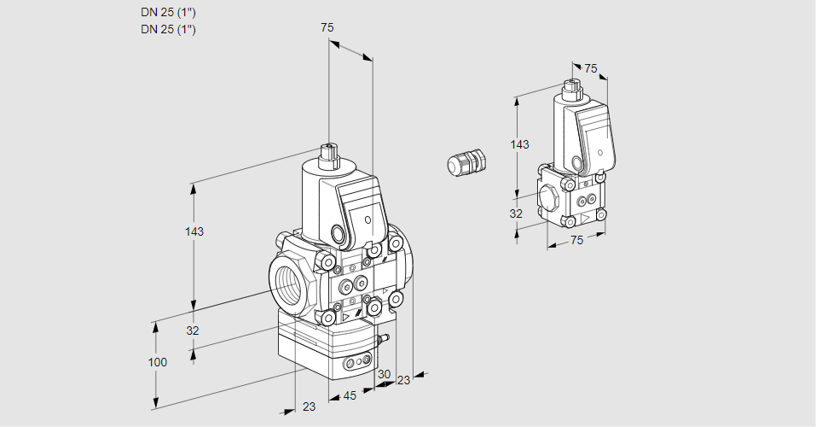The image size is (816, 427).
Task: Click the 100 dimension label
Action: tap(157, 362)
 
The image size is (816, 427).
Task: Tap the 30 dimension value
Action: tap(384, 373)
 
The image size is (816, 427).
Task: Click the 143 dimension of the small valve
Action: tap(519, 144)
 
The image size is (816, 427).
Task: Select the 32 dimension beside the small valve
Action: tap(516, 213)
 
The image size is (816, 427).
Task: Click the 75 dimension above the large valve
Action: tap(327, 27)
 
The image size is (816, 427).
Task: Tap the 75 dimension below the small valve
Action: tap(576, 241)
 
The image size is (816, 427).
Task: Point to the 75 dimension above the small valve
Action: tap(591, 68)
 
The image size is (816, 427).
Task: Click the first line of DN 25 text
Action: tap(168, 13)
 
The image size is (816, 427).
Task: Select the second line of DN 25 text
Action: tap(168, 30)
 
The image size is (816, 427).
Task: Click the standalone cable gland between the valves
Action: tap(466, 161)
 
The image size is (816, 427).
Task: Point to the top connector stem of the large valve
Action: tap(329, 157)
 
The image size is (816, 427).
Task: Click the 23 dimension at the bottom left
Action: tap(309, 407)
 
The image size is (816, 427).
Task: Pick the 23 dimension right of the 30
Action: tap(403, 380)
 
